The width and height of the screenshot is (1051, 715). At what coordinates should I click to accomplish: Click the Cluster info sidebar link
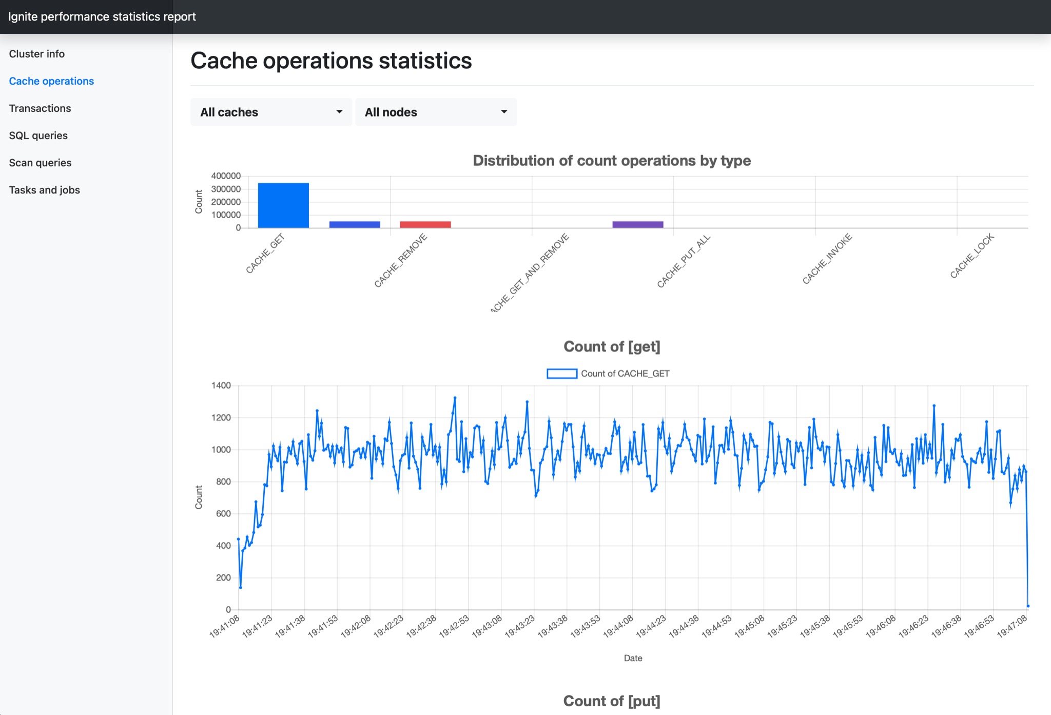coord(37,54)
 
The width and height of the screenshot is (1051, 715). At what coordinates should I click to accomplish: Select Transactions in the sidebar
coord(40,108)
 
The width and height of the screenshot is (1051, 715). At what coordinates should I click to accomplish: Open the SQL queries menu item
coord(38,136)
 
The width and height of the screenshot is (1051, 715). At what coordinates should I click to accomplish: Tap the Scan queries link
coord(40,163)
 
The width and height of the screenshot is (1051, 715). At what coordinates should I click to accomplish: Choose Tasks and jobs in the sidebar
coord(45,190)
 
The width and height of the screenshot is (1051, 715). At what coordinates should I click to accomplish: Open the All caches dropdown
coord(271,112)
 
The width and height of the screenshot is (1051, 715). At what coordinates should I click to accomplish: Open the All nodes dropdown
coord(436,112)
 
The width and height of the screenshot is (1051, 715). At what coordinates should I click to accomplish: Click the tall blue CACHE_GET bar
coord(283,205)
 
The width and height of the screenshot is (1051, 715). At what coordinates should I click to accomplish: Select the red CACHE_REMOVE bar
coord(425,224)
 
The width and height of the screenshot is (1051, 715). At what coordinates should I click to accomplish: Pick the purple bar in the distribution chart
coord(637,224)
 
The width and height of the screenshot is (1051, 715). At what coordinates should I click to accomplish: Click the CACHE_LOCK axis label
coord(972,256)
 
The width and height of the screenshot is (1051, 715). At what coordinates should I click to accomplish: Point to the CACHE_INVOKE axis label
coord(827,259)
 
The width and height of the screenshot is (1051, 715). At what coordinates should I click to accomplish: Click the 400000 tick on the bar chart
coord(226,176)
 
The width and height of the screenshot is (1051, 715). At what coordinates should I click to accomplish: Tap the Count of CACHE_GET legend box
coord(562,374)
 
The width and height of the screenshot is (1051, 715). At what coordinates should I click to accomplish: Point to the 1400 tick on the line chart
coord(221,385)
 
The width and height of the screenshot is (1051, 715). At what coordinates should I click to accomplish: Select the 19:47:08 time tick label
coord(1013,627)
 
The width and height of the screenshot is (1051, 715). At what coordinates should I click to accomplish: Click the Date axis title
coord(633,658)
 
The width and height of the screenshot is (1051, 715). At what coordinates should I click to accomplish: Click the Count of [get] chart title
coord(612,346)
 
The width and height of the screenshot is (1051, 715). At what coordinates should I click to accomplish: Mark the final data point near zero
coord(1028,606)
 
